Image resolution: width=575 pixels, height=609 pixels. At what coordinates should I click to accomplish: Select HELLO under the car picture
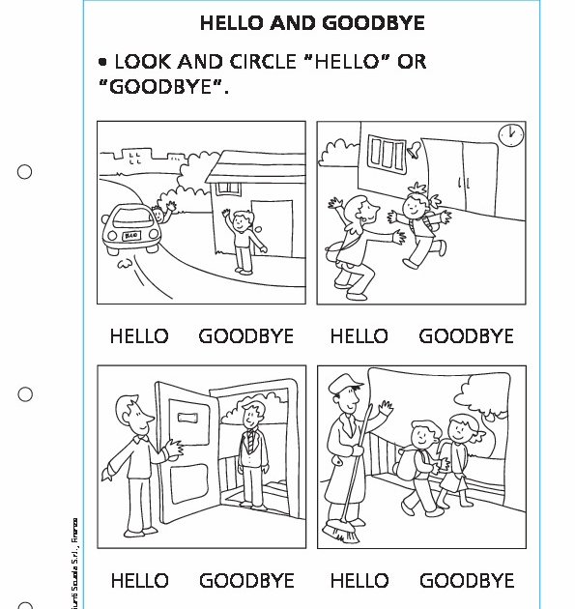pyautogui.click(x=139, y=336)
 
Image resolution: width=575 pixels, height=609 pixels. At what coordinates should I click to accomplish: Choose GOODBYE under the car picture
pyautogui.click(x=245, y=336)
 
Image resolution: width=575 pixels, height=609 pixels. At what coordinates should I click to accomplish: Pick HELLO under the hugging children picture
pyautogui.click(x=359, y=336)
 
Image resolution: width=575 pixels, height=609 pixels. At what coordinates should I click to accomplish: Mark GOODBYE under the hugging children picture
pyautogui.click(x=466, y=336)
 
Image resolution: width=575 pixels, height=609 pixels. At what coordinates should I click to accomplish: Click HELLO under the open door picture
pyautogui.click(x=139, y=581)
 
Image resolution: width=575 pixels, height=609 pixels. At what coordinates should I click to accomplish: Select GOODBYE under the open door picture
pyautogui.click(x=246, y=581)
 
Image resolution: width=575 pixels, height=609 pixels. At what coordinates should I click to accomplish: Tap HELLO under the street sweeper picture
pyautogui.click(x=359, y=581)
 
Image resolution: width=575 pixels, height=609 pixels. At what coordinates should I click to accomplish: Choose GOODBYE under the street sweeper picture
pyautogui.click(x=467, y=581)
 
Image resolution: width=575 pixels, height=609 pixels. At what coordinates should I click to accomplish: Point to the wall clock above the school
pyautogui.click(x=509, y=133)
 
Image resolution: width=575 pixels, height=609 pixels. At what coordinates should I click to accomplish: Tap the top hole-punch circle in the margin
pyautogui.click(x=25, y=172)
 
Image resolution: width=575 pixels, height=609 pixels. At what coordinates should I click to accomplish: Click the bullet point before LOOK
pyautogui.click(x=101, y=63)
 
